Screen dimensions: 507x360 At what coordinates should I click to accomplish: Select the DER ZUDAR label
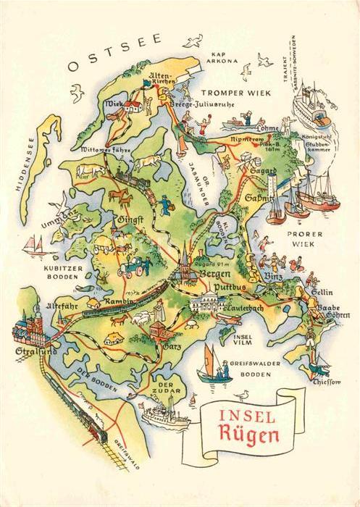pos(167,390)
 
